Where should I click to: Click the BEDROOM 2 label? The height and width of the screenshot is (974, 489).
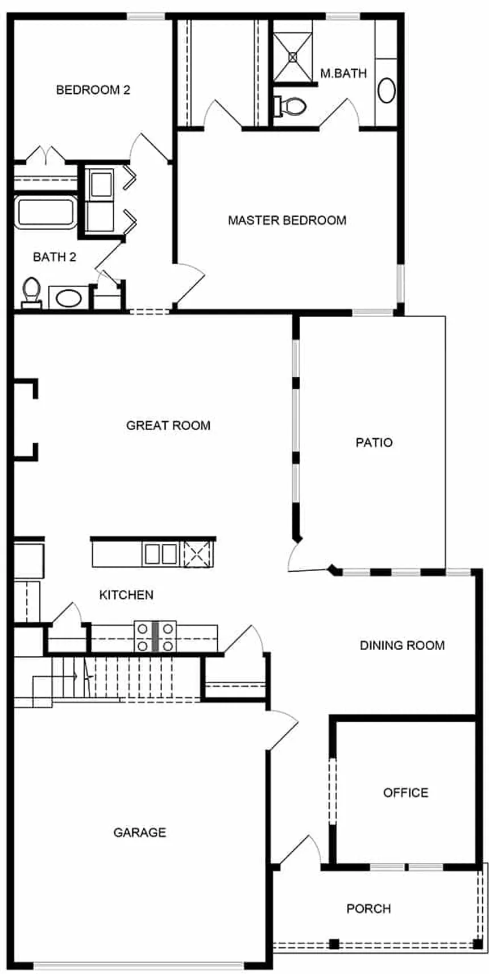[93, 90]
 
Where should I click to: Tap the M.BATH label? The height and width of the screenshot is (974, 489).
[343, 73]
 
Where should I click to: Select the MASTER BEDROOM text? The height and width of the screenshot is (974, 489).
[287, 220]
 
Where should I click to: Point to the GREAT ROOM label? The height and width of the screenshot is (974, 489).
[168, 425]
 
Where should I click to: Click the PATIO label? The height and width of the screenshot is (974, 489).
[374, 443]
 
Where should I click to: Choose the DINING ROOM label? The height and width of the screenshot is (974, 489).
[402, 646]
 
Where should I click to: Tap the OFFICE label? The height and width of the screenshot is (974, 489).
[405, 793]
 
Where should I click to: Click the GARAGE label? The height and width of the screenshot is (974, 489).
[140, 833]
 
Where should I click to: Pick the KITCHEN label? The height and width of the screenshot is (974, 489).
[126, 595]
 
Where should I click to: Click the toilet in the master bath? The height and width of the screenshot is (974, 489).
[290, 106]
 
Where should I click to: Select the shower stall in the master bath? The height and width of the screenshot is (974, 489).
[292, 51]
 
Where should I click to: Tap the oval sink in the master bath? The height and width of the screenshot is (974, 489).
[386, 90]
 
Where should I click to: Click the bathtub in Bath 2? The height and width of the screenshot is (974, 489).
[45, 212]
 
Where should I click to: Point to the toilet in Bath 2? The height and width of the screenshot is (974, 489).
[31, 293]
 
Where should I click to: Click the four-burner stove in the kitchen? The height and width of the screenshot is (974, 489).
[155, 636]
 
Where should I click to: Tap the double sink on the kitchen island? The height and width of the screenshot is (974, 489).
[160, 554]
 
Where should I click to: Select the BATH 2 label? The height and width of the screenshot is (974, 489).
[55, 257]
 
